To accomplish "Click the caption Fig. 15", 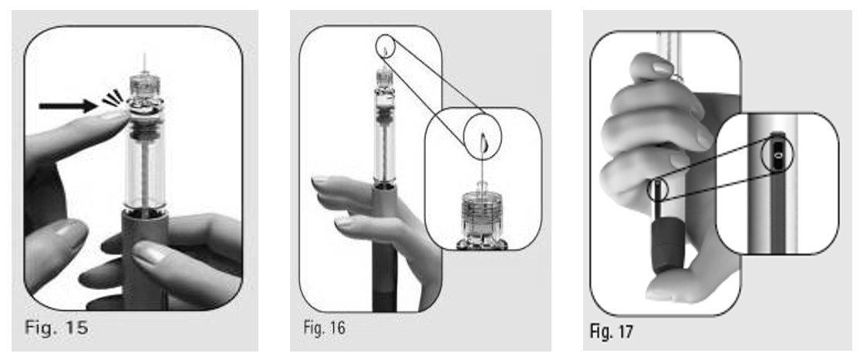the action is [x=56, y=328].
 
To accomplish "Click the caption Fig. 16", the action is [x=324, y=328].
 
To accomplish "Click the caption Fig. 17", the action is [x=612, y=331].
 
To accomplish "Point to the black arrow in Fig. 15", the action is [x=68, y=106].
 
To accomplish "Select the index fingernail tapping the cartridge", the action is [x=116, y=114].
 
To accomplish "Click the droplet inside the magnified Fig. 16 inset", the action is [x=483, y=143].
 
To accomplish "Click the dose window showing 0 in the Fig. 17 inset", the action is [x=778, y=155].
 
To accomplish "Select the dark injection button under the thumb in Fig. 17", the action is [x=666, y=245].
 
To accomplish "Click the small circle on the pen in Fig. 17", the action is [x=658, y=190].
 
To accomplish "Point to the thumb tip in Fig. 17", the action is [x=658, y=293].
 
